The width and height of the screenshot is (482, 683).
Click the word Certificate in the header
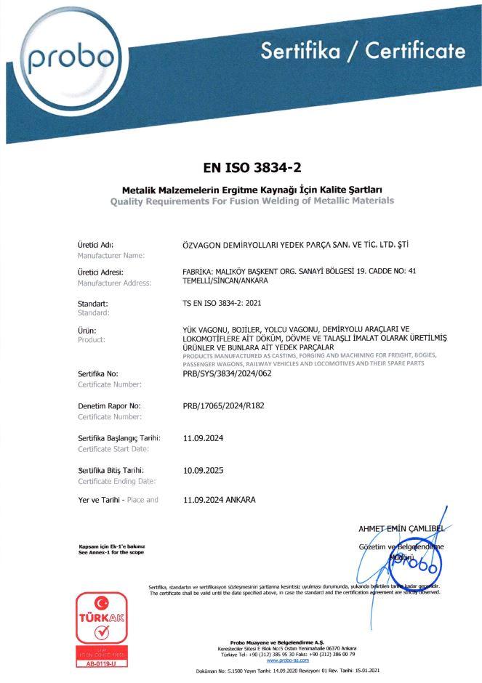(x=414, y=51)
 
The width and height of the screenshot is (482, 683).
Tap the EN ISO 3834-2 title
(x=251, y=168)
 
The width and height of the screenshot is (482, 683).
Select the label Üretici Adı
(x=95, y=244)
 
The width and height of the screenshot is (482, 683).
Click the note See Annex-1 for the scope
(x=111, y=552)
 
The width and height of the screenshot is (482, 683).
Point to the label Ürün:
(x=87, y=329)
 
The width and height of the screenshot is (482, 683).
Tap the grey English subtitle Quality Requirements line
(x=252, y=200)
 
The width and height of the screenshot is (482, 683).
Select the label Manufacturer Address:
(x=114, y=282)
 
